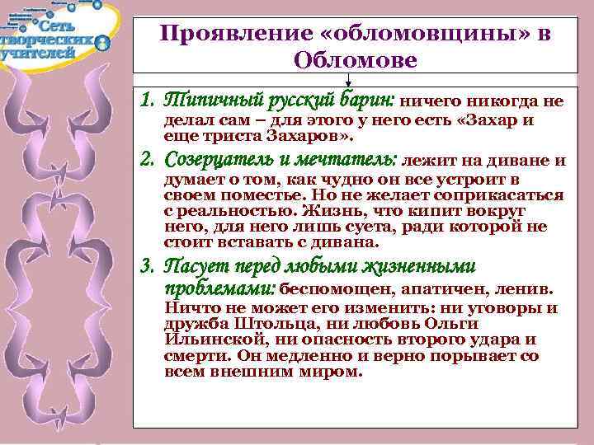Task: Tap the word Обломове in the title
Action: coord(355,60)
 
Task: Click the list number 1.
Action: coord(146,101)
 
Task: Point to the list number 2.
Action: coord(146,159)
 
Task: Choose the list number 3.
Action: coord(146,266)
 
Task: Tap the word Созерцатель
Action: coord(217,159)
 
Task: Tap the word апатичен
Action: coord(451,289)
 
